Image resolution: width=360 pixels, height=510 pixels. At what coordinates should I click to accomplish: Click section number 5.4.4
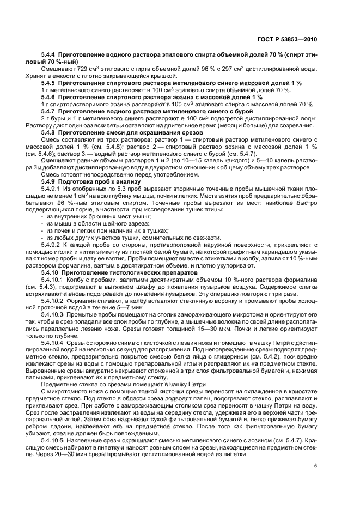point(49,56)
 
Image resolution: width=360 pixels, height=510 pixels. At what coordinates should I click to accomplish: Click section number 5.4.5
point(49,83)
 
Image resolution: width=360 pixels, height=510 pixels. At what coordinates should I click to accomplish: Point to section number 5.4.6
point(49,96)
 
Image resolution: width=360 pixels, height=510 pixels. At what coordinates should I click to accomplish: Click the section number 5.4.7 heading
point(49,110)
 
